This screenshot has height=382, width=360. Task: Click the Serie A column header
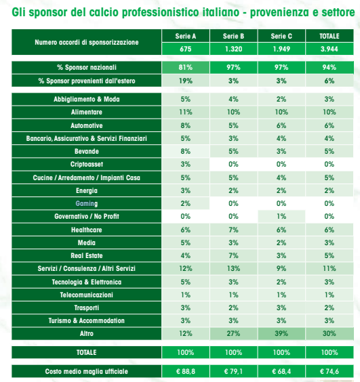tap(185, 36)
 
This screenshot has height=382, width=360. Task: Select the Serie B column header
tap(233, 36)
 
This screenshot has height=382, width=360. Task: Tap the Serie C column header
tap(281, 36)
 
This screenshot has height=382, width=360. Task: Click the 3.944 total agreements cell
tap(329, 49)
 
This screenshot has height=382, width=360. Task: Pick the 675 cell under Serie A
tap(185, 49)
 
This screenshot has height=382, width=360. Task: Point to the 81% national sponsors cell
tap(185, 68)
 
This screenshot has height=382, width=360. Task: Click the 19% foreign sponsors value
tap(185, 81)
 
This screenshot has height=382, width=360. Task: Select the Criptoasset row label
tap(87, 165)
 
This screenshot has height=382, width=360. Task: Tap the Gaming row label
tap(87, 203)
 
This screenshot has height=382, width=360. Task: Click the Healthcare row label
tap(87, 230)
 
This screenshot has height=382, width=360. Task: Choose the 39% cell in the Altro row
tap(281, 333)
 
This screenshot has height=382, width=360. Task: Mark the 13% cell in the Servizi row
tap(233, 268)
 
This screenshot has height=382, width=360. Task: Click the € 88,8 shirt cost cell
tap(185, 371)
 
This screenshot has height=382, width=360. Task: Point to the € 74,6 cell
tap(329, 371)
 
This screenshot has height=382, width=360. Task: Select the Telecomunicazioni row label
tap(87, 295)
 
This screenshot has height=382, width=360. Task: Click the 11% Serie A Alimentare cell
tap(185, 112)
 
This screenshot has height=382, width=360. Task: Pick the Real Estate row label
tap(87, 255)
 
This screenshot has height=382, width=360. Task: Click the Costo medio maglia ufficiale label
tap(87, 371)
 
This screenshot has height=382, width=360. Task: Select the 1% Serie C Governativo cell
tap(281, 216)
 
